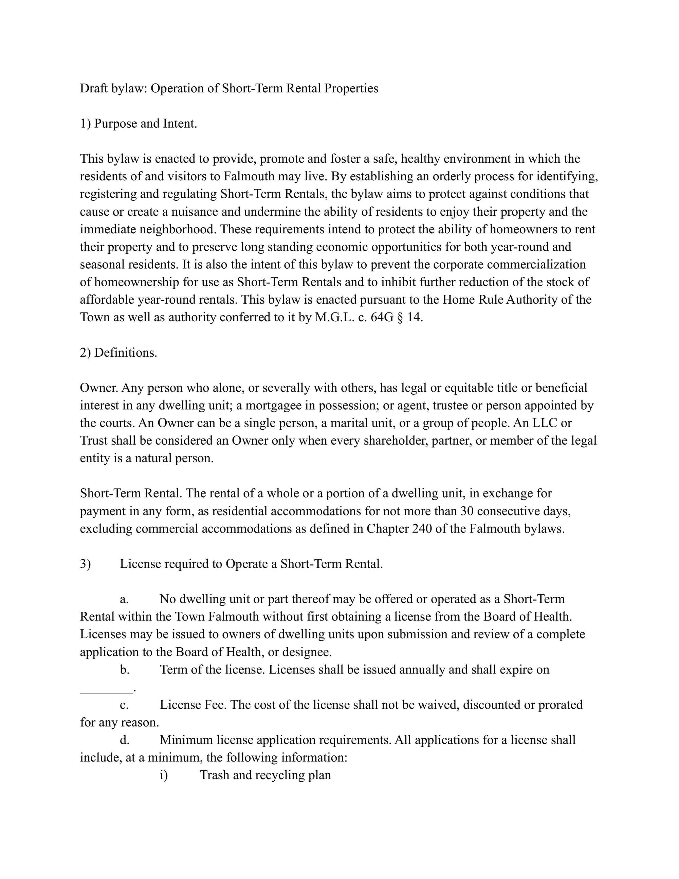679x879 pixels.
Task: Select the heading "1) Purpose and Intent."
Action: (139, 124)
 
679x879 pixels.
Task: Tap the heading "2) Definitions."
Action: (118, 353)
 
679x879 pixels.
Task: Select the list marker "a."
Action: (124, 599)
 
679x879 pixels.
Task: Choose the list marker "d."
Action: (125, 740)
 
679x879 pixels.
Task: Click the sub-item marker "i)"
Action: (164, 775)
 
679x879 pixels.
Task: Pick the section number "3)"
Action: (85, 564)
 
